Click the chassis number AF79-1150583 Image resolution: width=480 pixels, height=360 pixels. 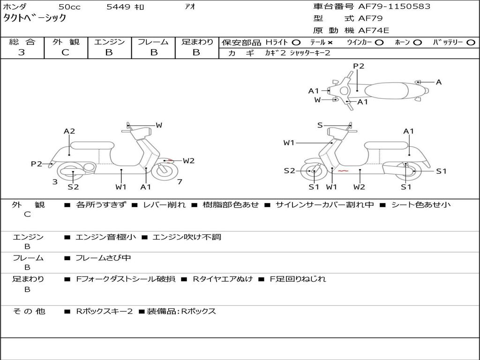click(x=387, y=7)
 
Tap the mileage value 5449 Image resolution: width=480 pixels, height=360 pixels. click(x=119, y=7)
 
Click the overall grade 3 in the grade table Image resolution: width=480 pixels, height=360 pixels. click(x=22, y=52)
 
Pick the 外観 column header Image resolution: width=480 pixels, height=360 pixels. click(x=66, y=42)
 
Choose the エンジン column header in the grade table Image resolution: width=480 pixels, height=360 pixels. click(x=109, y=42)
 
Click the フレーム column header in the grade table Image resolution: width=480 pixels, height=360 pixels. click(x=153, y=42)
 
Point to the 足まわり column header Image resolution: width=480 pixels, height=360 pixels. click(x=197, y=42)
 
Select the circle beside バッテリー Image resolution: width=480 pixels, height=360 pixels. click(x=471, y=42)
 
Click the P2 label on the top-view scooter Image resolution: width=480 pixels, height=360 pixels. click(x=359, y=66)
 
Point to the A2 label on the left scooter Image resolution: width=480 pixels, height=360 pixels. click(x=69, y=131)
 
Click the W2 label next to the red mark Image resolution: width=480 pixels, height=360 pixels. click(x=188, y=161)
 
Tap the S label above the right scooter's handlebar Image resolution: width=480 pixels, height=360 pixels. click(x=320, y=125)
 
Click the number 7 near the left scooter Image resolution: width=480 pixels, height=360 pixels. click(x=180, y=182)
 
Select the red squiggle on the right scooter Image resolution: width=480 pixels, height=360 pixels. click(x=343, y=171)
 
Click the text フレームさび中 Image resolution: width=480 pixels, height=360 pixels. click(x=103, y=258)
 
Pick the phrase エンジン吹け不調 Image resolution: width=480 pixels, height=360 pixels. click(x=187, y=237)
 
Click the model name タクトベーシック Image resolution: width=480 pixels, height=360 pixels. click(x=35, y=19)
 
